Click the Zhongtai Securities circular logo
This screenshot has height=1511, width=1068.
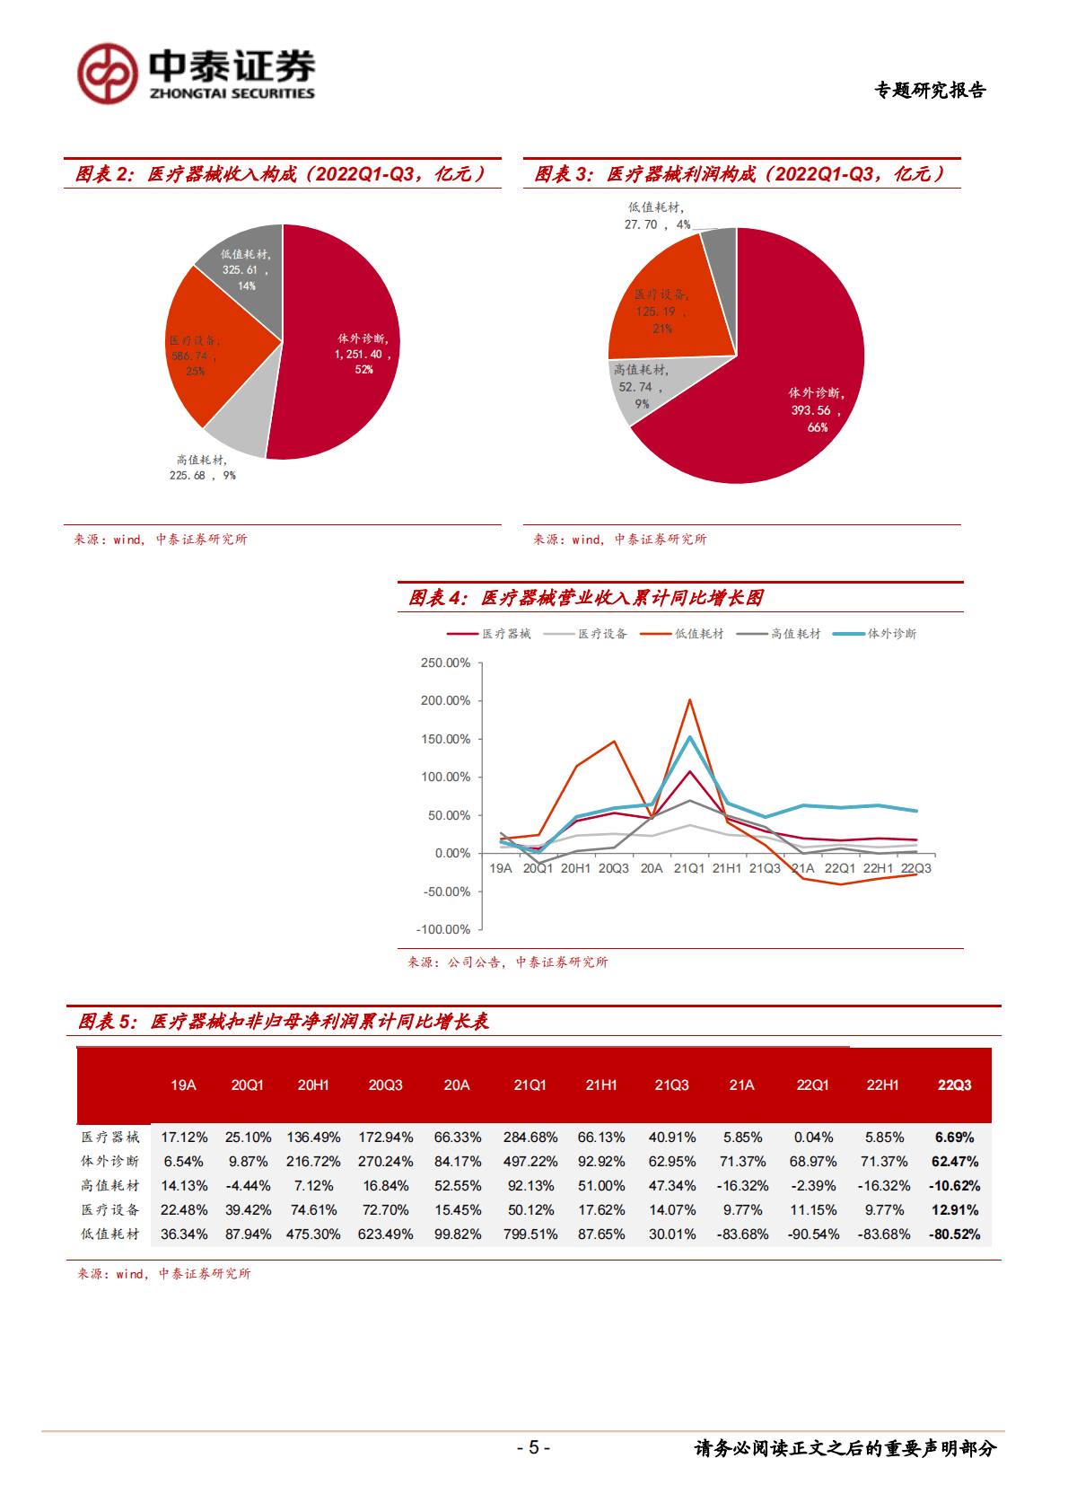(x=108, y=74)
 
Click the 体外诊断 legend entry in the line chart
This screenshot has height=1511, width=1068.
(x=875, y=634)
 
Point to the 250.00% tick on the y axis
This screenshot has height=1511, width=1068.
(x=445, y=663)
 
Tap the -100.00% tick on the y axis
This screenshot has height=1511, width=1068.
(x=443, y=930)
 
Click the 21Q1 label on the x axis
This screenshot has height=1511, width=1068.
(x=689, y=868)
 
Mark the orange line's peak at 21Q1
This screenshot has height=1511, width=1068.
(x=689, y=700)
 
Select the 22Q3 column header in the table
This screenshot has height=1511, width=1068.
(x=954, y=1085)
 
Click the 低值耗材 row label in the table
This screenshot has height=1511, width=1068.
(x=110, y=1234)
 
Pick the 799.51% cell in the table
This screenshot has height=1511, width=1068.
(x=530, y=1234)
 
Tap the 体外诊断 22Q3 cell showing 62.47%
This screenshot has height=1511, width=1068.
(x=954, y=1162)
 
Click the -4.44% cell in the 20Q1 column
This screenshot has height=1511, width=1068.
(x=248, y=1186)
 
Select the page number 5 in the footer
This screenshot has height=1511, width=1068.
(x=533, y=1447)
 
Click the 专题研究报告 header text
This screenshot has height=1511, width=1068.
(x=930, y=90)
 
